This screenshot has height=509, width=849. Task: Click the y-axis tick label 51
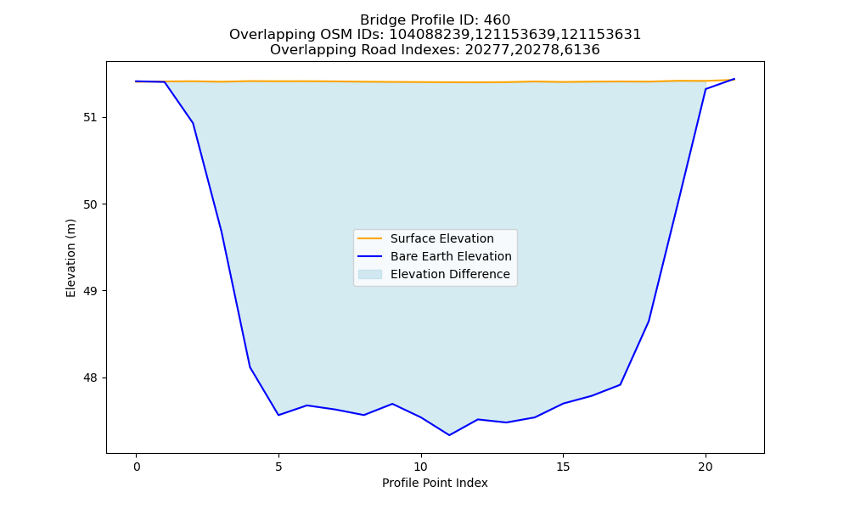coord(91,117)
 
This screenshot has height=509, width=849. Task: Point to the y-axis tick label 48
coord(91,378)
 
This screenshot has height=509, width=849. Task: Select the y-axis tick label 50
coord(91,204)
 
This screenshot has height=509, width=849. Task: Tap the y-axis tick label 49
coord(91,291)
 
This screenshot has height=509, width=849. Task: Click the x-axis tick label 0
coord(137,467)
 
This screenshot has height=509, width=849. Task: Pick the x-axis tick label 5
coord(278,467)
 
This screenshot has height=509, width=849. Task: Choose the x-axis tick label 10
coord(421,467)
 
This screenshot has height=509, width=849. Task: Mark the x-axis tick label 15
coord(563,467)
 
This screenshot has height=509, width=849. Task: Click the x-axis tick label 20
coord(706,467)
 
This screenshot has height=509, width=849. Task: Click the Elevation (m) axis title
coord(70,258)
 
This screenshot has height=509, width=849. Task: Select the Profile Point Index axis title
coord(435,483)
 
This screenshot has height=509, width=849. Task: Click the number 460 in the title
coord(497,20)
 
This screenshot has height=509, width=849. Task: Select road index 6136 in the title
coord(582,50)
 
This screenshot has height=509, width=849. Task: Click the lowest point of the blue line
coord(449,435)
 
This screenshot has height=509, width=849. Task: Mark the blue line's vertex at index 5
coord(278,415)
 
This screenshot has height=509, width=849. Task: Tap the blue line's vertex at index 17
coord(620,384)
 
